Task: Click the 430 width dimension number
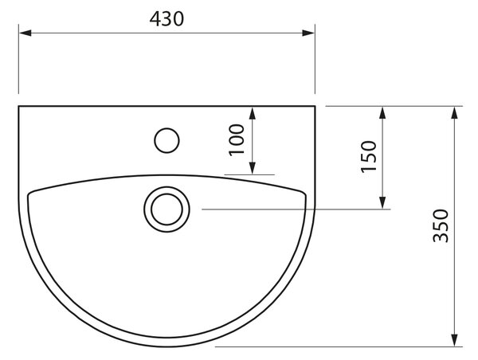[x=167, y=19]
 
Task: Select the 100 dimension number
[x=237, y=139]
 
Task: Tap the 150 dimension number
[x=369, y=156]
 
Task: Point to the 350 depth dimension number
[x=441, y=225]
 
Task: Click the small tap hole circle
[x=167, y=128]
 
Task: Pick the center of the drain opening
[x=167, y=209]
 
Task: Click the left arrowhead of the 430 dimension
[x=25, y=33]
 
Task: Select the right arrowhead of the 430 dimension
[x=308, y=33]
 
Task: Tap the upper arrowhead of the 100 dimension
[x=252, y=113]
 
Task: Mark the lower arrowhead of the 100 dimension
[x=252, y=168]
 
